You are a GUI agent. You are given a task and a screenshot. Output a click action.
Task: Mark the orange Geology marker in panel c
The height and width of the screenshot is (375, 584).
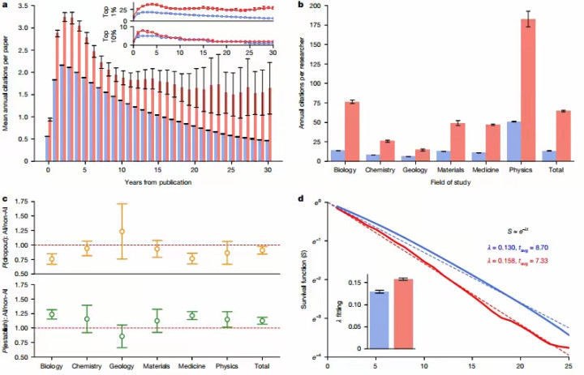coord(122,232)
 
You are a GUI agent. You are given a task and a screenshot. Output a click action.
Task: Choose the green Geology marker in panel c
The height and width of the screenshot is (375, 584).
coord(122,336)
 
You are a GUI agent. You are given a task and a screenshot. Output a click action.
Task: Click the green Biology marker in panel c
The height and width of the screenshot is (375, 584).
coord(52,314)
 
